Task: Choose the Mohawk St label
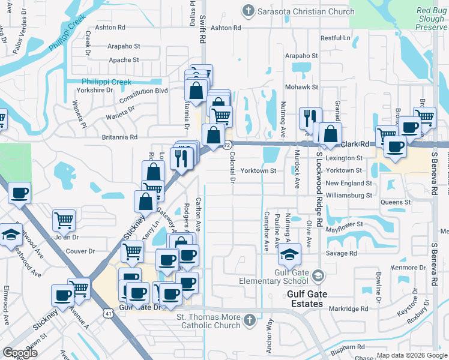(x=301, y=87)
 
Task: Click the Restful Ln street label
(x=335, y=38)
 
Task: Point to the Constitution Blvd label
(x=144, y=91)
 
